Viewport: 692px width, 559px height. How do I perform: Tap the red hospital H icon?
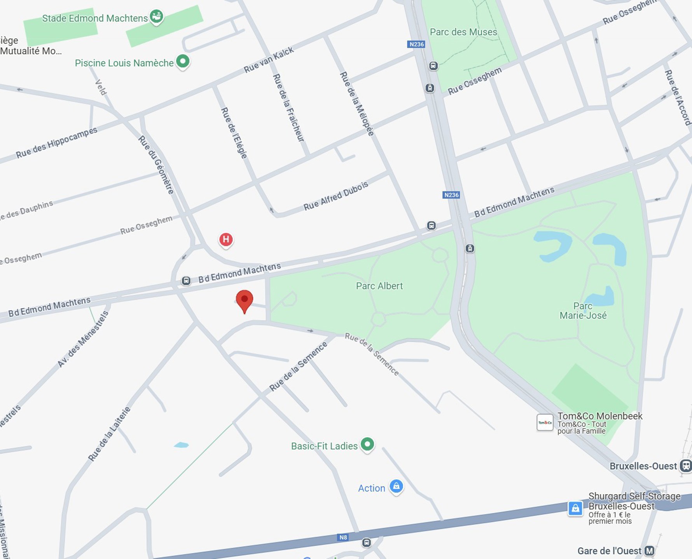[x=226, y=240]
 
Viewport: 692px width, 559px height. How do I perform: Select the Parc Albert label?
[x=379, y=286]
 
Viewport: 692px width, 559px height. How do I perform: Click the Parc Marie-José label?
[x=583, y=311]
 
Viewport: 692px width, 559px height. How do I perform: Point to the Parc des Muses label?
[x=463, y=32]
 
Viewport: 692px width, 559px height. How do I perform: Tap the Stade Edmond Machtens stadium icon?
[x=156, y=17]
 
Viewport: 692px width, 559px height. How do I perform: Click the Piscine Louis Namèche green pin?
[x=183, y=61]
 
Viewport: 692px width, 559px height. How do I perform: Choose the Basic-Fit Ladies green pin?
[x=367, y=444]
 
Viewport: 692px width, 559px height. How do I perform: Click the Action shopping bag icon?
[x=396, y=486]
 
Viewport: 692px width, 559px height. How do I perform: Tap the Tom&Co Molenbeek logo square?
[x=545, y=422]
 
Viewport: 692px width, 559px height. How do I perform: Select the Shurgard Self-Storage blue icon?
[x=575, y=508]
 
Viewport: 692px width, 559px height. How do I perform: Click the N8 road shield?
[x=343, y=537]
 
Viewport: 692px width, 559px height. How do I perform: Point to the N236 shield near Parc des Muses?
[x=416, y=44]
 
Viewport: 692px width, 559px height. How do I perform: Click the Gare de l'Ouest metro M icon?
[x=649, y=551]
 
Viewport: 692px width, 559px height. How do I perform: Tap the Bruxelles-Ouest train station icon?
[x=685, y=466]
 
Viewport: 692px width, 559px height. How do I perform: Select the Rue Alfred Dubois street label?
[x=336, y=196]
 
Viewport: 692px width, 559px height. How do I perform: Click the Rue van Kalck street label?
[x=269, y=60]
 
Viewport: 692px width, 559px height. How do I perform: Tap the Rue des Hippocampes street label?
[x=57, y=142]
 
